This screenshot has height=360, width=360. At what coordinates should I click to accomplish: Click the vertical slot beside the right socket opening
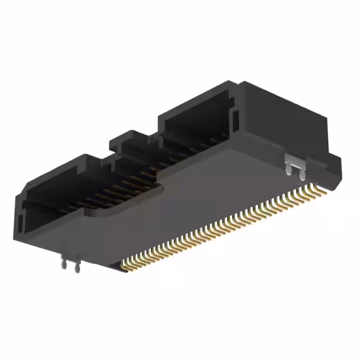(x=236, y=120)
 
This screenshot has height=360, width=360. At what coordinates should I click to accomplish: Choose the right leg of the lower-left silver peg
(x=75, y=268)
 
